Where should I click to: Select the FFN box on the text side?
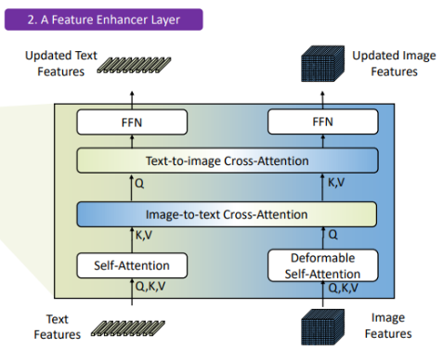pyautogui.click(x=132, y=121)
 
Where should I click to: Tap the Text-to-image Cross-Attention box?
pyautogui.click(x=227, y=161)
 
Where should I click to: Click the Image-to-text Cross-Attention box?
pyautogui.click(x=227, y=214)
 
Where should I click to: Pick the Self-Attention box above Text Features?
pyautogui.click(x=131, y=266)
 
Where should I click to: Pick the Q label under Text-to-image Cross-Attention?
pyautogui.click(x=140, y=185)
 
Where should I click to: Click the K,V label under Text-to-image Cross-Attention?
pyautogui.click(x=337, y=185)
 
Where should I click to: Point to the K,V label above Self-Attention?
pyautogui.click(x=146, y=238)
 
